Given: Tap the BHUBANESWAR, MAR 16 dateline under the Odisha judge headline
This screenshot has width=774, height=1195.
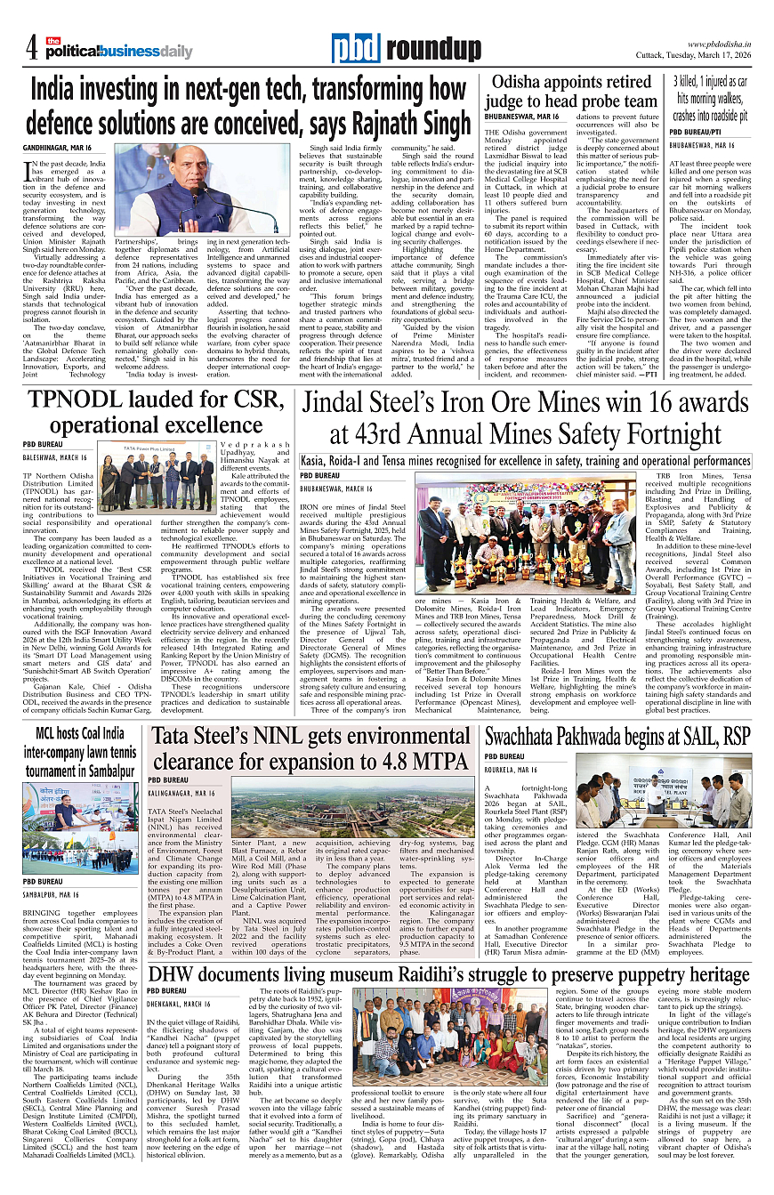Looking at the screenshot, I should coord(521,117).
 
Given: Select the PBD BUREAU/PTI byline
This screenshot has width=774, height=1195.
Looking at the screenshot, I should coord(699,132).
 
